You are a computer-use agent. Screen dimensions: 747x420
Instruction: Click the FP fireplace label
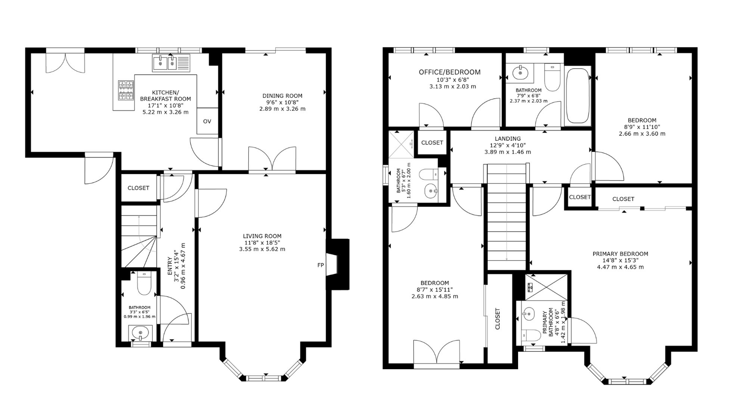320,265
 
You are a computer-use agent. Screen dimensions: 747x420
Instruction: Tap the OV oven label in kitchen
207,121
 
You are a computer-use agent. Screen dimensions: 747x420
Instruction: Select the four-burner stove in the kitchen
126,90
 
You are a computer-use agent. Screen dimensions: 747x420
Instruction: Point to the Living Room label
262,236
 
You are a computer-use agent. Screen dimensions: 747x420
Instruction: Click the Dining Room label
282,96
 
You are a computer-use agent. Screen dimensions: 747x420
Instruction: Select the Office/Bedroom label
450,72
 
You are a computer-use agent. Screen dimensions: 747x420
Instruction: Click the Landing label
508,139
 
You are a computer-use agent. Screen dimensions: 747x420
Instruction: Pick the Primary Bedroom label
620,254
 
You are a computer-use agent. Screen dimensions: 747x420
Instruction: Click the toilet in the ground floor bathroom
144,284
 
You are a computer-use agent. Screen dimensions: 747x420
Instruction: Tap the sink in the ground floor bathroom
140,333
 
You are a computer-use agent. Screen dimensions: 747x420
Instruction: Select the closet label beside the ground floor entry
139,188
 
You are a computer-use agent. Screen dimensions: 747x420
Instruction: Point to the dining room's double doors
272,160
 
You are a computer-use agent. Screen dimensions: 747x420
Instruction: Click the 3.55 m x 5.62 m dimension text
262,249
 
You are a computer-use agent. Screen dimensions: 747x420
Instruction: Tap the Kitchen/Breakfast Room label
165,96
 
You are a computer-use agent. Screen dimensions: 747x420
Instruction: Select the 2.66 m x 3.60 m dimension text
642,133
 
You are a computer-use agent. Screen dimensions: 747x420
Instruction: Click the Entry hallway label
170,266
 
